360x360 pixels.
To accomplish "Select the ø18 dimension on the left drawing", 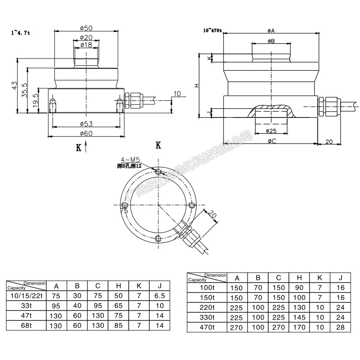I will point(86,45).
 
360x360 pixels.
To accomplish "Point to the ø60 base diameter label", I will point(86,133).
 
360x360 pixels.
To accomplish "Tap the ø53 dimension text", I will point(86,124).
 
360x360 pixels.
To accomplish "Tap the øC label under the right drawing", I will point(271,141).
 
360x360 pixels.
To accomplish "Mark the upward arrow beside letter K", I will point(85,147).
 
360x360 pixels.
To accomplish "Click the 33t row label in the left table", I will point(26,306).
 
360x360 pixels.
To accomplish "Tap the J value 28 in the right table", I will point(340,327).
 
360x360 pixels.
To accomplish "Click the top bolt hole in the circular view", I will point(157,172).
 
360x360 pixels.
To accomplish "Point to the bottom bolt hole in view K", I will point(157,238).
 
